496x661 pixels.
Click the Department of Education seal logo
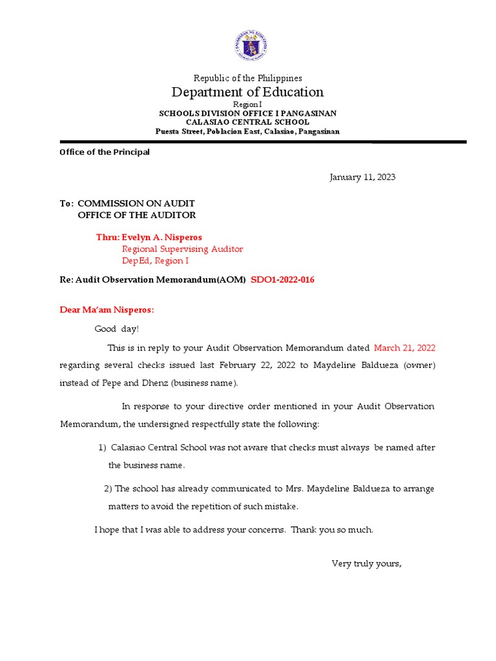(x=251, y=45)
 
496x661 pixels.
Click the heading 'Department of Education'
(x=247, y=92)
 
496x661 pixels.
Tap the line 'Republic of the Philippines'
(x=248, y=78)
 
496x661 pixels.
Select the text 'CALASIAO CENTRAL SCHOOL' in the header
(x=247, y=122)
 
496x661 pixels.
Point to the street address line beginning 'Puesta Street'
(x=247, y=132)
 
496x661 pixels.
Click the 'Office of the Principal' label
(x=105, y=152)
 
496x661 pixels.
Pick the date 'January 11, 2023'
(x=362, y=177)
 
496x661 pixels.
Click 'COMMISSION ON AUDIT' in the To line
(x=136, y=203)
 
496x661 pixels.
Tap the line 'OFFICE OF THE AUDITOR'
(x=137, y=215)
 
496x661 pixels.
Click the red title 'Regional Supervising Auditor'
(x=183, y=249)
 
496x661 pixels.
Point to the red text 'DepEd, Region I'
(x=156, y=261)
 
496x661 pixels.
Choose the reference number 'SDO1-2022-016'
(x=282, y=280)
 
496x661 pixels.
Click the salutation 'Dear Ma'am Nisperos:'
(x=107, y=310)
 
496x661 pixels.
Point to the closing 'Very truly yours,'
(x=367, y=564)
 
